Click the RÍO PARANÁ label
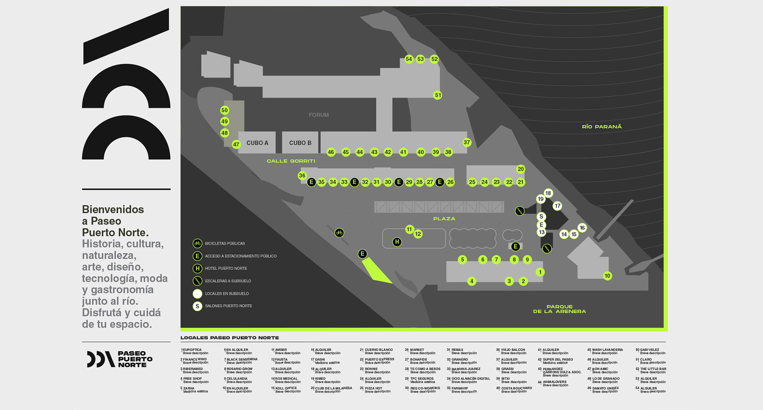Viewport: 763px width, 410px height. tap(601, 127)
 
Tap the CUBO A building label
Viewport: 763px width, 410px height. tap(257, 143)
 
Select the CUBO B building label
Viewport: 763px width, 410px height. tap(300, 143)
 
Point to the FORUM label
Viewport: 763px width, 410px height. tap(319, 115)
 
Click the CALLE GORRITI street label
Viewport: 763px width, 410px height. tap(291, 161)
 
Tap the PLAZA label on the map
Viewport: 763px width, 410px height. tap(444, 219)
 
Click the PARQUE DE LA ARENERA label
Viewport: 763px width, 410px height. tap(559, 309)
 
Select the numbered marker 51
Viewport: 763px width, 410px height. tap(438, 95)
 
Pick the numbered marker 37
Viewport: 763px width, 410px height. tap(466, 142)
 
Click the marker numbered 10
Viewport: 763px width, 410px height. tap(607, 276)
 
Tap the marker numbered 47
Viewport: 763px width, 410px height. tap(236, 144)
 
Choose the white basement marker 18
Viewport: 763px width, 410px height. tap(548, 193)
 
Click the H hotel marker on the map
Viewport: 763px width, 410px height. tap(397, 242)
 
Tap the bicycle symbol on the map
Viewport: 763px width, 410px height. tap(339, 233)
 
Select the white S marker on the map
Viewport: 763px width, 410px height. tap(541, 217)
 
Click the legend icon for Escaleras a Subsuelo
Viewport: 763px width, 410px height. tap(197, 281)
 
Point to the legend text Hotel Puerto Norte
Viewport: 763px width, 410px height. tap(226, 269)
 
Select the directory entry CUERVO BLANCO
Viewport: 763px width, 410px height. tap(378, 350)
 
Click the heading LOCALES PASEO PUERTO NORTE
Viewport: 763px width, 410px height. tap(230, 338)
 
